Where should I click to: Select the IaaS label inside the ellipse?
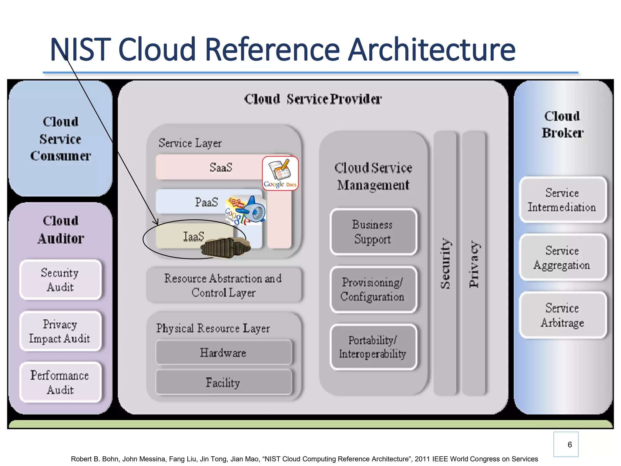[x=193, y=237]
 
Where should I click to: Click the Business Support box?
[x=373, y=232]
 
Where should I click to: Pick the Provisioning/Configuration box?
[x=373, y=289]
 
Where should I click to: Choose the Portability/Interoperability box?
[x=373, y=347]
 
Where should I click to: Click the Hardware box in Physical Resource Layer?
[x=223, y=352]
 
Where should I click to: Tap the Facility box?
[x=223, y=382]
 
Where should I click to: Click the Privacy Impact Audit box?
[x=60, y=331]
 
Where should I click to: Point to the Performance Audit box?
[x=60, y=382]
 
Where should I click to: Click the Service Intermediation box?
[x=562, y=200]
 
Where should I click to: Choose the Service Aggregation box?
[x=562, y=258]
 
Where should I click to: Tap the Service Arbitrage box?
[x=562, y=315]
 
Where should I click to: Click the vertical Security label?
[x=445, y=263]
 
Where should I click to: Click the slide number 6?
[x=569, y=444]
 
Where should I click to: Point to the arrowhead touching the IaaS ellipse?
[x=157, y=223]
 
